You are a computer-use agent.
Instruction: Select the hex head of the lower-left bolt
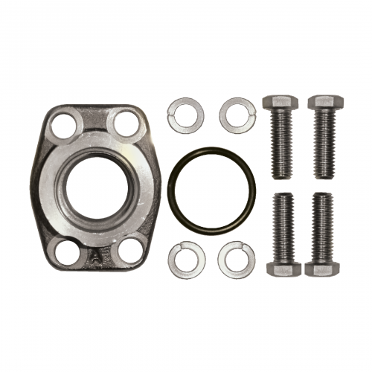283,268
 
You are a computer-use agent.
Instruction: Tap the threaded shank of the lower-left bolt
283,227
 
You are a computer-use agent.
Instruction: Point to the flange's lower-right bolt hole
129,247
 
